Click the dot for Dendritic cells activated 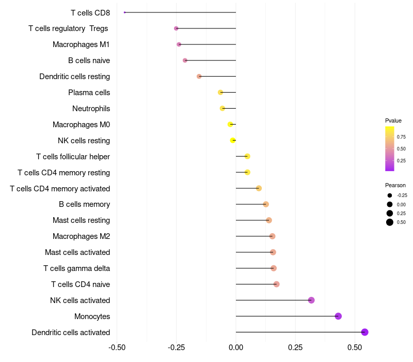pos(364,332)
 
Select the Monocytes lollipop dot pos(338,316)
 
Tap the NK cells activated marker pos(311,300)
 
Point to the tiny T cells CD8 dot pos(125,12)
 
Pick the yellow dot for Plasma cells pos(220,92)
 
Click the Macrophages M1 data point pos(179,44)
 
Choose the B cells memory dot pos(266,204)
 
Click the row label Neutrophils pos(91,109)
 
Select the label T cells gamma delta pos(76,268)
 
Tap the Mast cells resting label pos(81,220)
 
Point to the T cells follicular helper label pos(73,157)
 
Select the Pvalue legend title pos(393,120)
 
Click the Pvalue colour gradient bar pos(390,148)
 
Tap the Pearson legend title pos(395,185)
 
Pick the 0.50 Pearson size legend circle pos(390,222)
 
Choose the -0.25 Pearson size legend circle pos(390,195)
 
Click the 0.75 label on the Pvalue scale pos(401,137)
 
